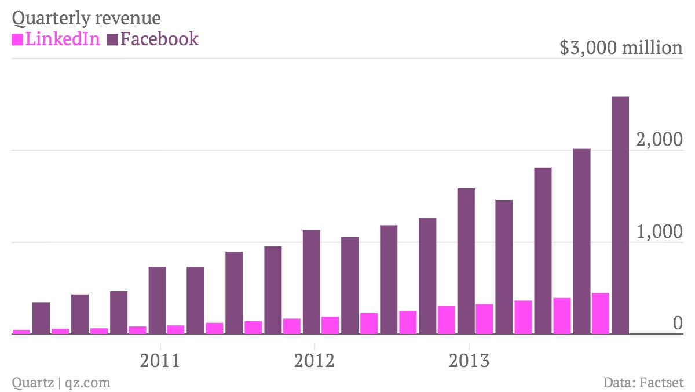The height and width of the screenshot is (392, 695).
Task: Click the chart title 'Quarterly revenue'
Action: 86,19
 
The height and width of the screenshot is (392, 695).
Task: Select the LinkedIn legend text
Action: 63,39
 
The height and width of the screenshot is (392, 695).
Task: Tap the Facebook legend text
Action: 159,39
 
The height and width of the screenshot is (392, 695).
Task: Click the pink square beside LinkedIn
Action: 17,40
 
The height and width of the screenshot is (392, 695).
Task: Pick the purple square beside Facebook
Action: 112,40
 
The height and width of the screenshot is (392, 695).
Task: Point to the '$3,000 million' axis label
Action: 621,48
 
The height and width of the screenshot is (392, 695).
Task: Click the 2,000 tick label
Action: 659,139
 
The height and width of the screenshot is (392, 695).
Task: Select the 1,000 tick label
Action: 660,231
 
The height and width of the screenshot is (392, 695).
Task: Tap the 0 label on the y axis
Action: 678,323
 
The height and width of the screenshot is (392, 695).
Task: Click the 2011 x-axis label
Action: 160,361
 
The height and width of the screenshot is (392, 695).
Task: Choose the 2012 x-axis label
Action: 314,361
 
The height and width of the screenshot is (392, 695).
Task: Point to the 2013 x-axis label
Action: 469,361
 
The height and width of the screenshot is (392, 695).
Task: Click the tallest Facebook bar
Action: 620,215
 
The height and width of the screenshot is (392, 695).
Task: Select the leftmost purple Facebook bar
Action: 41,318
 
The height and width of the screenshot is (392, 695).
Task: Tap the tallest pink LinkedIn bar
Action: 601,313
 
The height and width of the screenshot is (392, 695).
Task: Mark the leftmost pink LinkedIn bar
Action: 21,332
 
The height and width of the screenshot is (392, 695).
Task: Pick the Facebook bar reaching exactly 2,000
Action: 581,241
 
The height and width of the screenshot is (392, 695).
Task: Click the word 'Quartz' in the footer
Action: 33,383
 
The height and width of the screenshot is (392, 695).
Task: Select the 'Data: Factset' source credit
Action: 643,383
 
